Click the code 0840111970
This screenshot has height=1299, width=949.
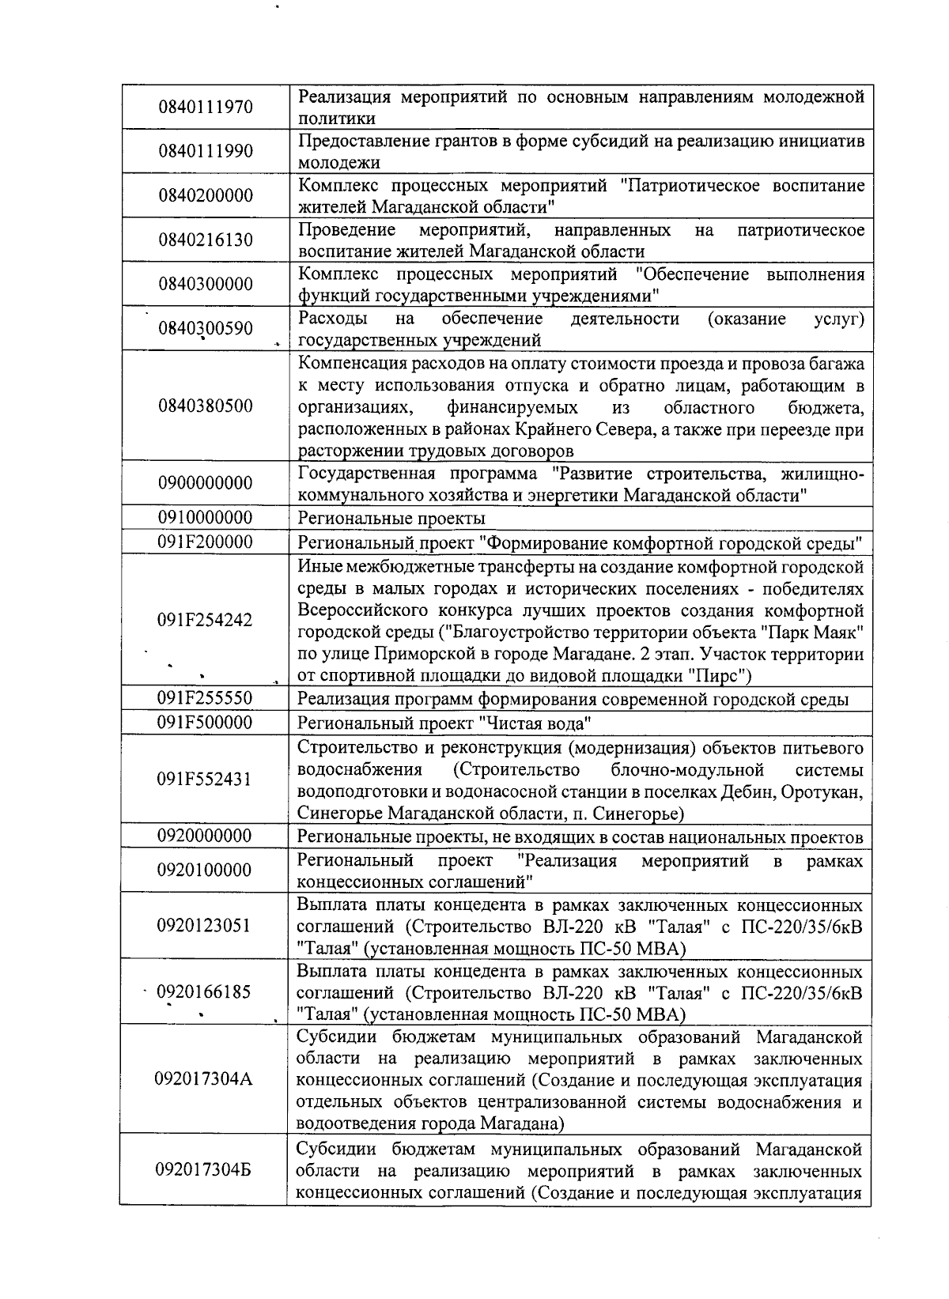[x=205, y=107]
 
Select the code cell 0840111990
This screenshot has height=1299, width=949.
[x=205, y=151]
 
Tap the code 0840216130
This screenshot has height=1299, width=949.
[x=205, y=240]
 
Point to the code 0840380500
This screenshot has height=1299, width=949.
[x=205, y=406]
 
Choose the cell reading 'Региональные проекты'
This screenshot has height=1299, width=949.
[x=391, y=519]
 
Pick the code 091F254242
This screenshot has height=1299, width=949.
[x=205, y=620]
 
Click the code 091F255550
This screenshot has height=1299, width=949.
[x=205, y=698]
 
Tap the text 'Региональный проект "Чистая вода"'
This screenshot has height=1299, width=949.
[x=444, y=723]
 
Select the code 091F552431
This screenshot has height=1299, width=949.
[x=205, y=780]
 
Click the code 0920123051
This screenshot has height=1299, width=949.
[x=205, y=926]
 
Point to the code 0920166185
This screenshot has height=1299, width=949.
[x=205, y=991]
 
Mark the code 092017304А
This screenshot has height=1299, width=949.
[x=205, y=1079]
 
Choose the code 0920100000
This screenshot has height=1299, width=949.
[x=205, y=870]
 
